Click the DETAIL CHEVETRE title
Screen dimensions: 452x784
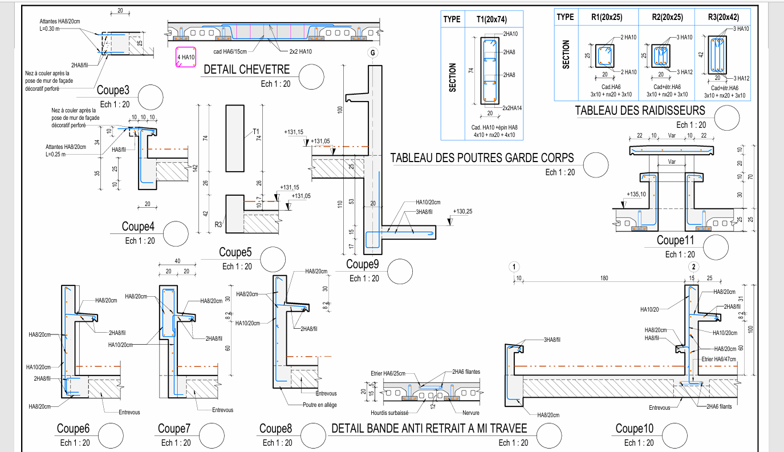246,70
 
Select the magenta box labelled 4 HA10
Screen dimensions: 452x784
186,57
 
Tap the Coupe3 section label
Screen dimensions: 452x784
113,90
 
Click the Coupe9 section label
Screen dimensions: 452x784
363,264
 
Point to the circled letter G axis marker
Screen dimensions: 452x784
372,53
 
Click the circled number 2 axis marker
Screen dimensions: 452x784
693,267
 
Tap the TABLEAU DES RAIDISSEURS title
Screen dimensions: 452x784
640,111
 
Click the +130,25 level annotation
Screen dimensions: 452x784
462,212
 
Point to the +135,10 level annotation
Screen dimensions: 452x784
636,194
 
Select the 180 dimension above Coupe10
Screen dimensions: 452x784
604,279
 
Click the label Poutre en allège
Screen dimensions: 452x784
320,405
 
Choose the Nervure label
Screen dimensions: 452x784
470,413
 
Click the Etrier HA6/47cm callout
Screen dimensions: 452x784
719,359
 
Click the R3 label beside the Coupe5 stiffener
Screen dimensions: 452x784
218,225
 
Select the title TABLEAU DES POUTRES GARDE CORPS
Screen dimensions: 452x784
482,158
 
